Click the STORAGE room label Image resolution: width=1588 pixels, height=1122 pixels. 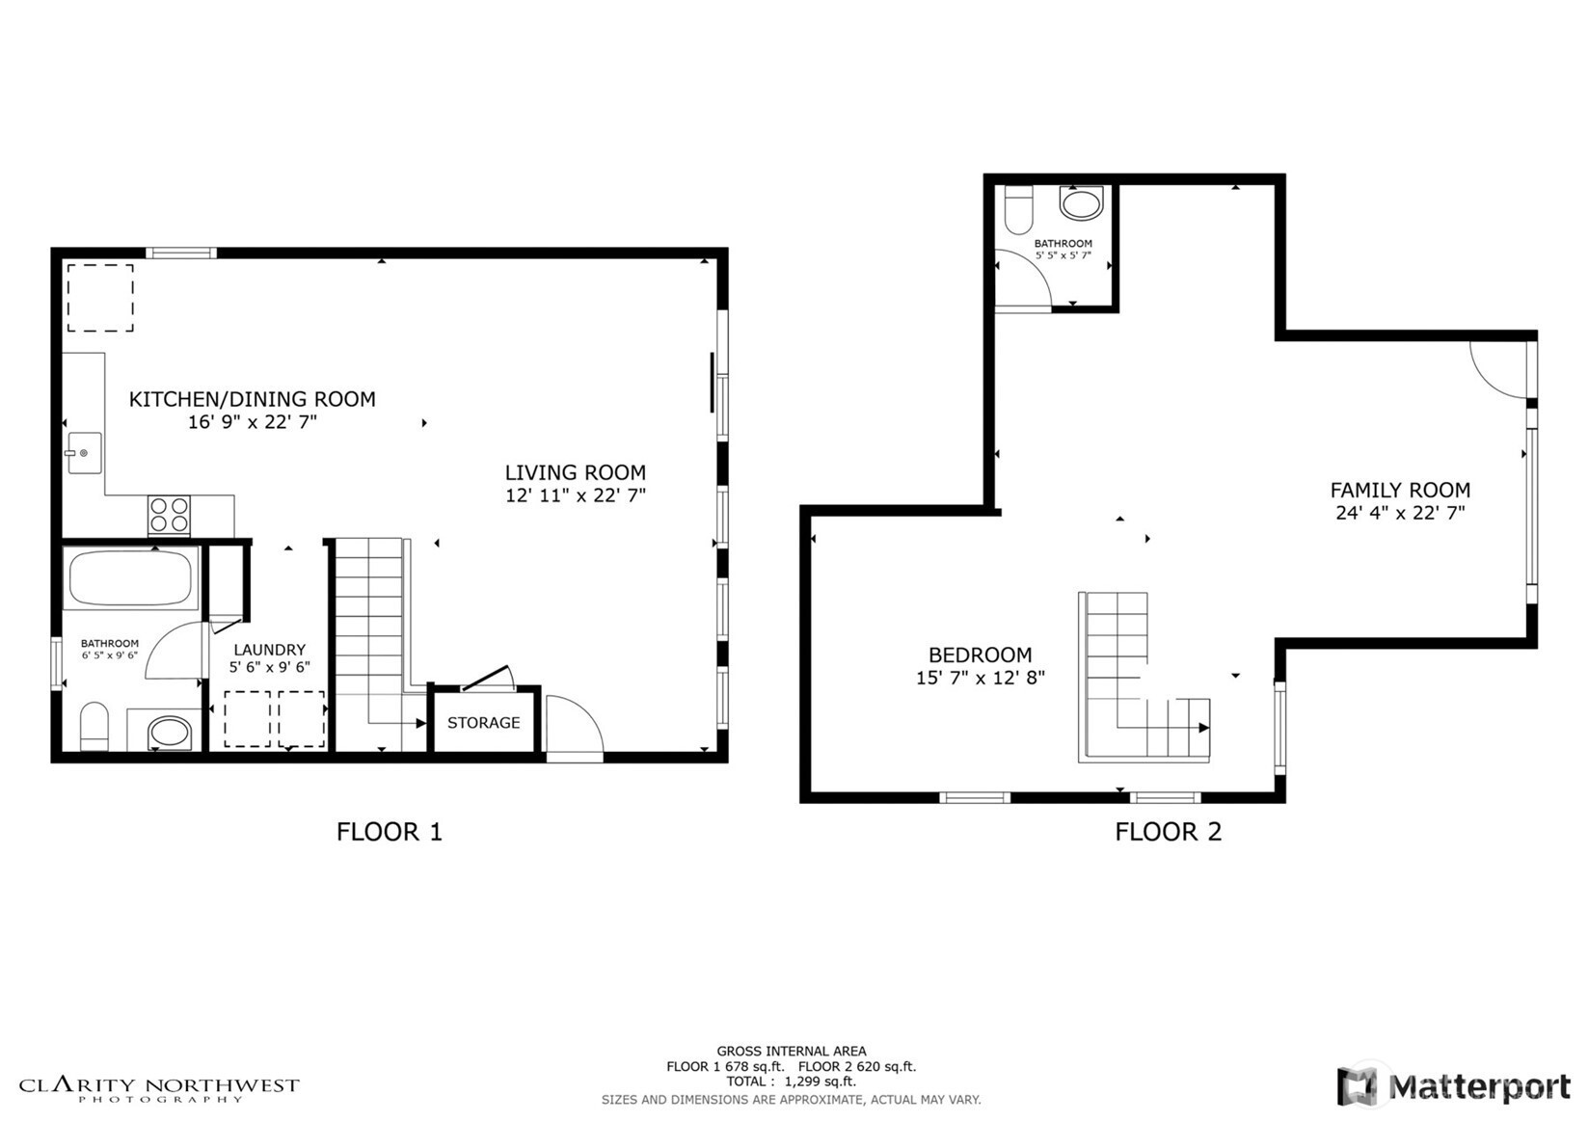483,722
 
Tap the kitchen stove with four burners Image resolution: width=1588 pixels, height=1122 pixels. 169,516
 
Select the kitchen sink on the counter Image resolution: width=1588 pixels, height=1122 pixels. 84,452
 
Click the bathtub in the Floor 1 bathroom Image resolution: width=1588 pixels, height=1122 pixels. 130,577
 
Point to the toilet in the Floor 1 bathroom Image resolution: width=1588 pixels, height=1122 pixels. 94,726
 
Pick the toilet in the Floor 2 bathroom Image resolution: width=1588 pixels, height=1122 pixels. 1019,210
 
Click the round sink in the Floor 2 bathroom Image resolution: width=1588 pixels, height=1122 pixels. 1082,203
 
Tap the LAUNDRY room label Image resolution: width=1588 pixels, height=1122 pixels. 269,650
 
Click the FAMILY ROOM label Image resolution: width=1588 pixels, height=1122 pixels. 1400,490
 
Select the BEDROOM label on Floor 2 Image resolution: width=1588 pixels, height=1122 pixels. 981,654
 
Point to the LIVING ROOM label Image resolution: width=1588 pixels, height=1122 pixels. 576,472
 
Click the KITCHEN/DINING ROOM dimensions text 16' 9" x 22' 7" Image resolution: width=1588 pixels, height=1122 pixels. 253,422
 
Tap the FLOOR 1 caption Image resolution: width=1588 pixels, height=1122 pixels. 390,832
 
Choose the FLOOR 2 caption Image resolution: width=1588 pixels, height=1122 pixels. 1169,832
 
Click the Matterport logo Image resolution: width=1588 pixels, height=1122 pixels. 1453,1085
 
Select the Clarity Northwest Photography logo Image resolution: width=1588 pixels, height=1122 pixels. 159,1089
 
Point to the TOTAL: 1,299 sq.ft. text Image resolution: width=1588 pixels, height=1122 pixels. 792,1082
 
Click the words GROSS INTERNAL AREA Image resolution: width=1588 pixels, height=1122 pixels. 792,1051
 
